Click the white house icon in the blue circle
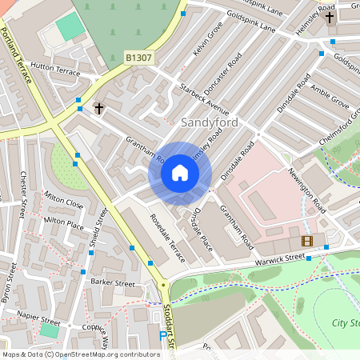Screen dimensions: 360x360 180,173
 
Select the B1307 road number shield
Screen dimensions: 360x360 139,58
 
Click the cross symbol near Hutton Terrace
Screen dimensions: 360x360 99,107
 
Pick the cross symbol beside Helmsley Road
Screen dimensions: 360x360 330,17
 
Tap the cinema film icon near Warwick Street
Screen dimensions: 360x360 307,240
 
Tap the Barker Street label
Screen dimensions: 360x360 112,282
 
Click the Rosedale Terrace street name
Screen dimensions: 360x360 167,238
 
